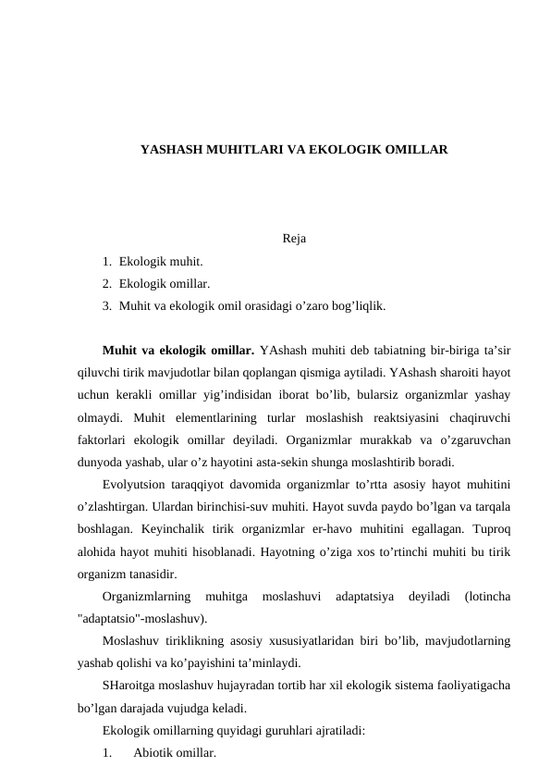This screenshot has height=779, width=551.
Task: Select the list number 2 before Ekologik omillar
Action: pos(108,282)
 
